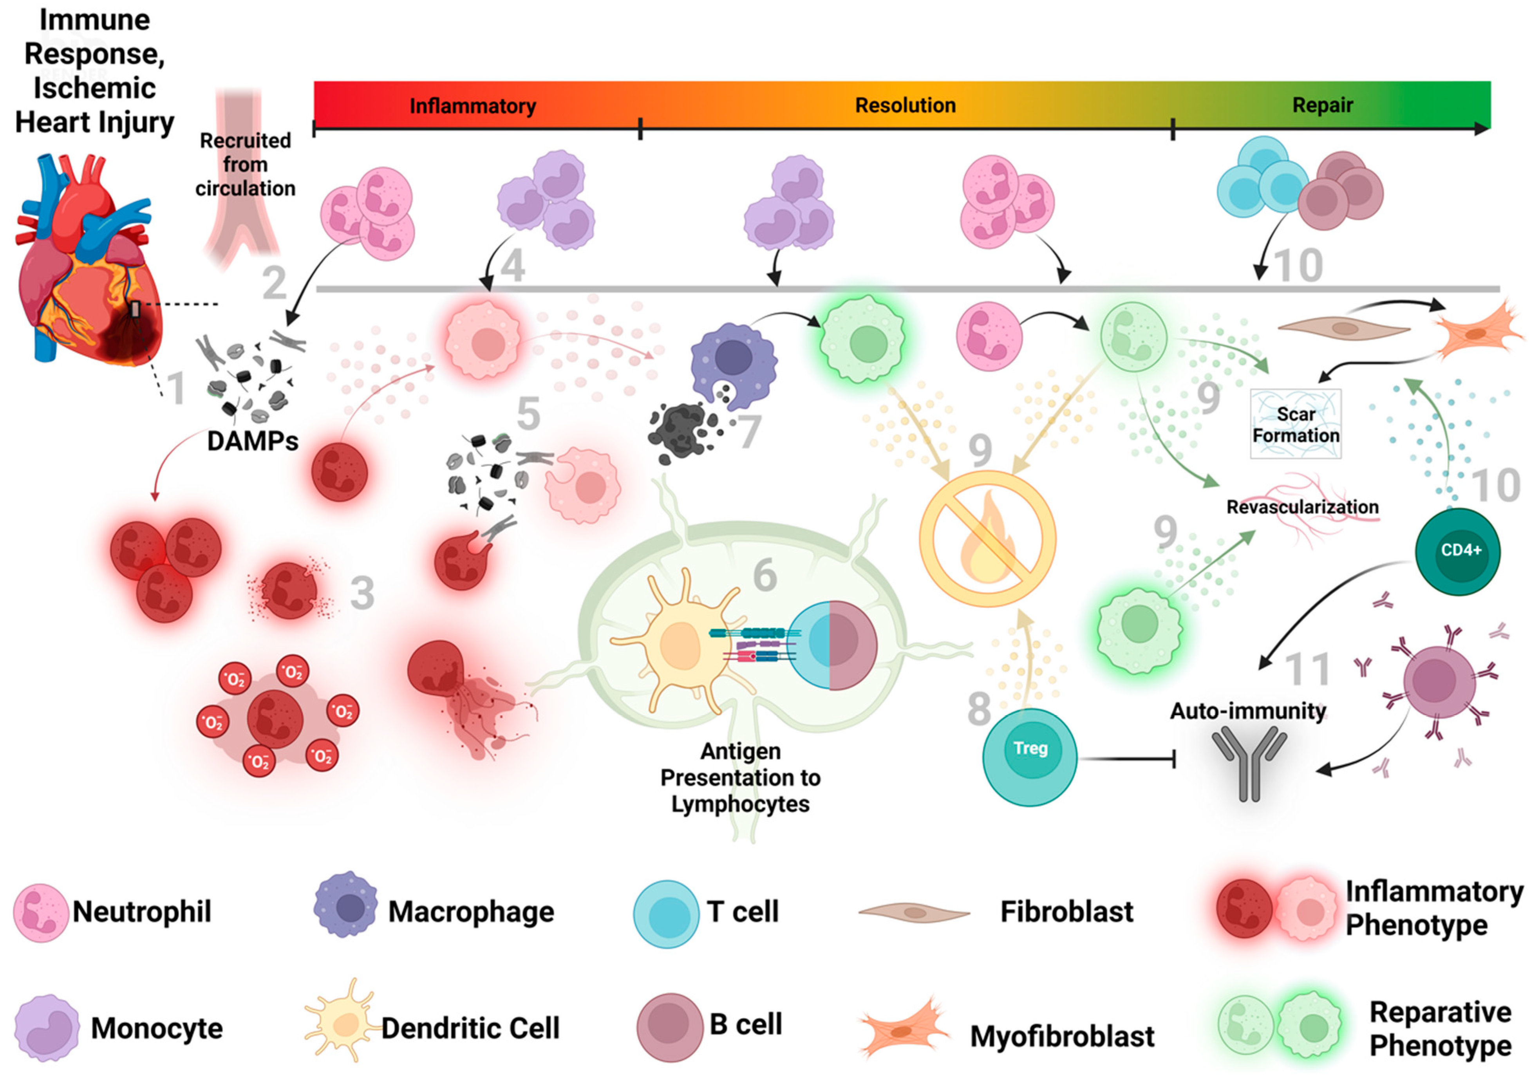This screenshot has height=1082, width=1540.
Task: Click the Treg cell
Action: [x=1030, y=757]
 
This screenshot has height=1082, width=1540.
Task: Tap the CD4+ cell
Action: [x=1457, y=551]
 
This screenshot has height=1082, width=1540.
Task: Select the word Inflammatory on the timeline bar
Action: [x=472, y=106]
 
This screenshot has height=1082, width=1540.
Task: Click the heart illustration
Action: [x=87, y=262]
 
